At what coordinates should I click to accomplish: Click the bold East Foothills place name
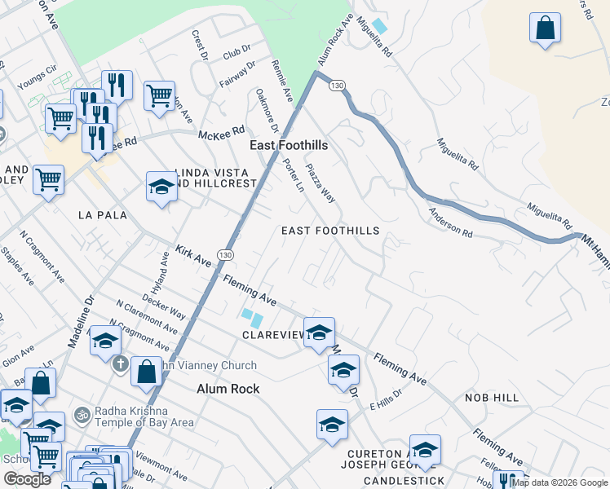click(x=288, y=145)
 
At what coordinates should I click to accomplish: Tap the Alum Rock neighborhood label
click(x=228, y=389)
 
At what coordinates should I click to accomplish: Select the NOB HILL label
click(x=492, y=397)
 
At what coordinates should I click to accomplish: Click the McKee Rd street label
click(x=220, y=130)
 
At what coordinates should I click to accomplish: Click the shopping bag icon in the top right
click(x=545, y=29)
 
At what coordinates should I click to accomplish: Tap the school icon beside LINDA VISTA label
click(x=161, y=187)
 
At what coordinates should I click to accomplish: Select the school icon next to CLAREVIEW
click(x=319, y=333)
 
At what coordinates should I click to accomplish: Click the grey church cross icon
click(x=120, y=363)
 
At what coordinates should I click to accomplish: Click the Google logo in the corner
click(x=27, y=479)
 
